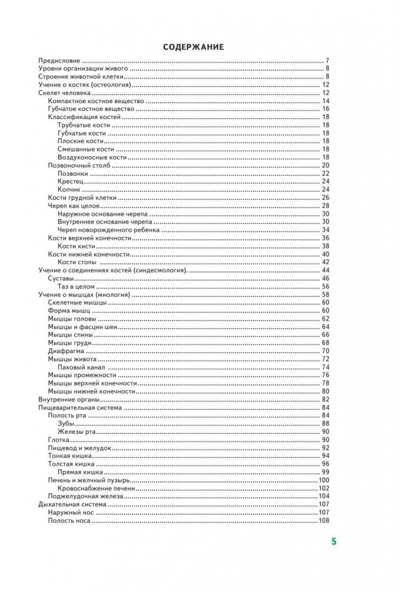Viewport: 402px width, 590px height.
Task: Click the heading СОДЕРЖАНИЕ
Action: pos(194,47)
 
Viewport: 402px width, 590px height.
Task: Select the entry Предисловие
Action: pos(59,61)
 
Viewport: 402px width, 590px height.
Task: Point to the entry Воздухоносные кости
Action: pos(92,157)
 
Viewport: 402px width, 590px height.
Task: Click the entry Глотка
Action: pos(59,440)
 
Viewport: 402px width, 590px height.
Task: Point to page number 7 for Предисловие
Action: pos(327,61)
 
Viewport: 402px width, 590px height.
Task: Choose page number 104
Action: pos(323,496)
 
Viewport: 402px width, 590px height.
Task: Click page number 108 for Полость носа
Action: pos(323,520)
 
